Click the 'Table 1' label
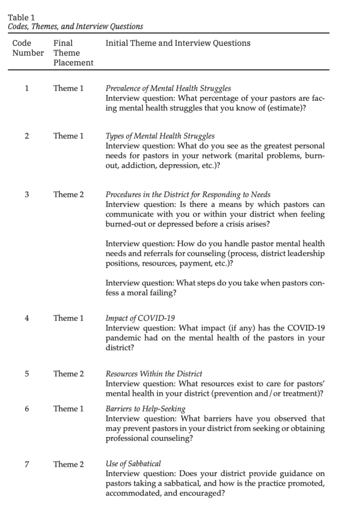click(18, 17)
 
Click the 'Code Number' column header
click(28, 48)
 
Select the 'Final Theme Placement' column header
click(73, 53)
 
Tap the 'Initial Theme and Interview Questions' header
click(178, 43)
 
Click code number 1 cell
click(27, 88)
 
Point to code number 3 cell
click(27, 195)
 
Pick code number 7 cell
click(27, 464)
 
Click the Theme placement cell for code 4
click(68, 318)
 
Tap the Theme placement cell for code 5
click(68, 374)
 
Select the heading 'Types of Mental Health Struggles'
click(160, 136)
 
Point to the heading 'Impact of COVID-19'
click(135, 318)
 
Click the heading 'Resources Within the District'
click(154, 374)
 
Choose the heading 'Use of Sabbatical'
click(133, 464)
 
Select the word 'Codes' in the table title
click(18, 27)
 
